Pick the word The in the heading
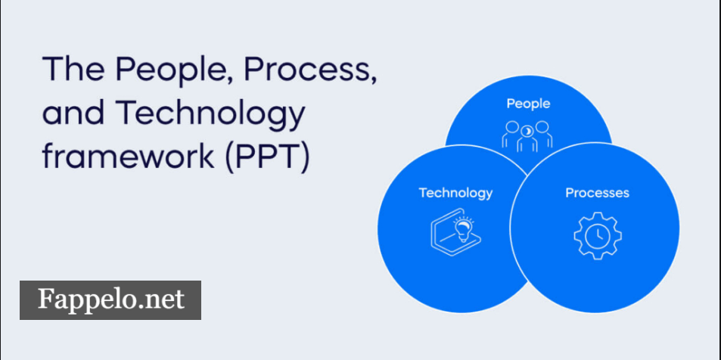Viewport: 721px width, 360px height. pos(71,72)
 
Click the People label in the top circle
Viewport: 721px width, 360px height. pos(528,104)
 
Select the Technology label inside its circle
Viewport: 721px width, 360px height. pos(455,193)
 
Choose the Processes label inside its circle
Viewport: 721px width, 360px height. pos(597,193)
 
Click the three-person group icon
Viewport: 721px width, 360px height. pos(528,135)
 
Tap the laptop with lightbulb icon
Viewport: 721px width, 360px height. pos(456,234)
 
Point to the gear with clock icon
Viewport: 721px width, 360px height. pos(597,235)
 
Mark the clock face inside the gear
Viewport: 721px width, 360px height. pos(598,236)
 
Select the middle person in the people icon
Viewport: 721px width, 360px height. pos(528,136)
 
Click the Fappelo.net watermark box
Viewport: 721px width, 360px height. pos(110,300)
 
